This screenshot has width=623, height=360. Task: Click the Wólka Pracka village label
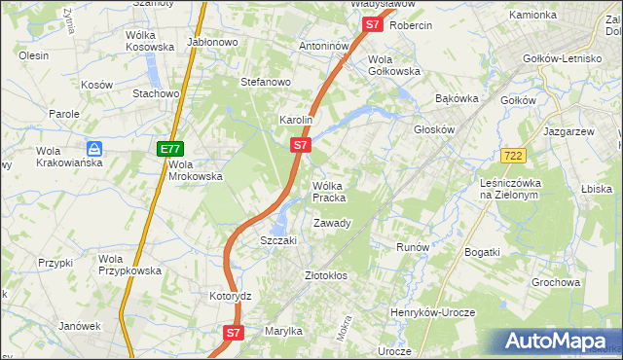(x=329, y=192)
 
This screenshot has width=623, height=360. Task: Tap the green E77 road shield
(x=170, y=149)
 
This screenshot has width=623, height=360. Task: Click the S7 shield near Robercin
(x=372, y=26)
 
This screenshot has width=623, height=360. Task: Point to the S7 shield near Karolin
(x=301, y=146)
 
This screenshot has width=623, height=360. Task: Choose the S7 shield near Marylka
(x=233, y=333)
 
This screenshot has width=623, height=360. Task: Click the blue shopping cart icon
(x=94, y=149)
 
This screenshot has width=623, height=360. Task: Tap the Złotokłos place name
(x=326, y=276)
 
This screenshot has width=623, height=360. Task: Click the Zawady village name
(x=332, y=223)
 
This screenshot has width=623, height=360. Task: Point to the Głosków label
(x=435, y=129)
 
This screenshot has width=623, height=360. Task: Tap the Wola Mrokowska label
(x=196, y=170)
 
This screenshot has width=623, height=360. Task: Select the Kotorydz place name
(x=231, y=295)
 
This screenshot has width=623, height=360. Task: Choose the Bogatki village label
(x=482, y=252)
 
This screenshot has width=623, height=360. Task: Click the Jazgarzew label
(x=569, y=129)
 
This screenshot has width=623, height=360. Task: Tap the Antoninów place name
(x=324, y=46)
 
